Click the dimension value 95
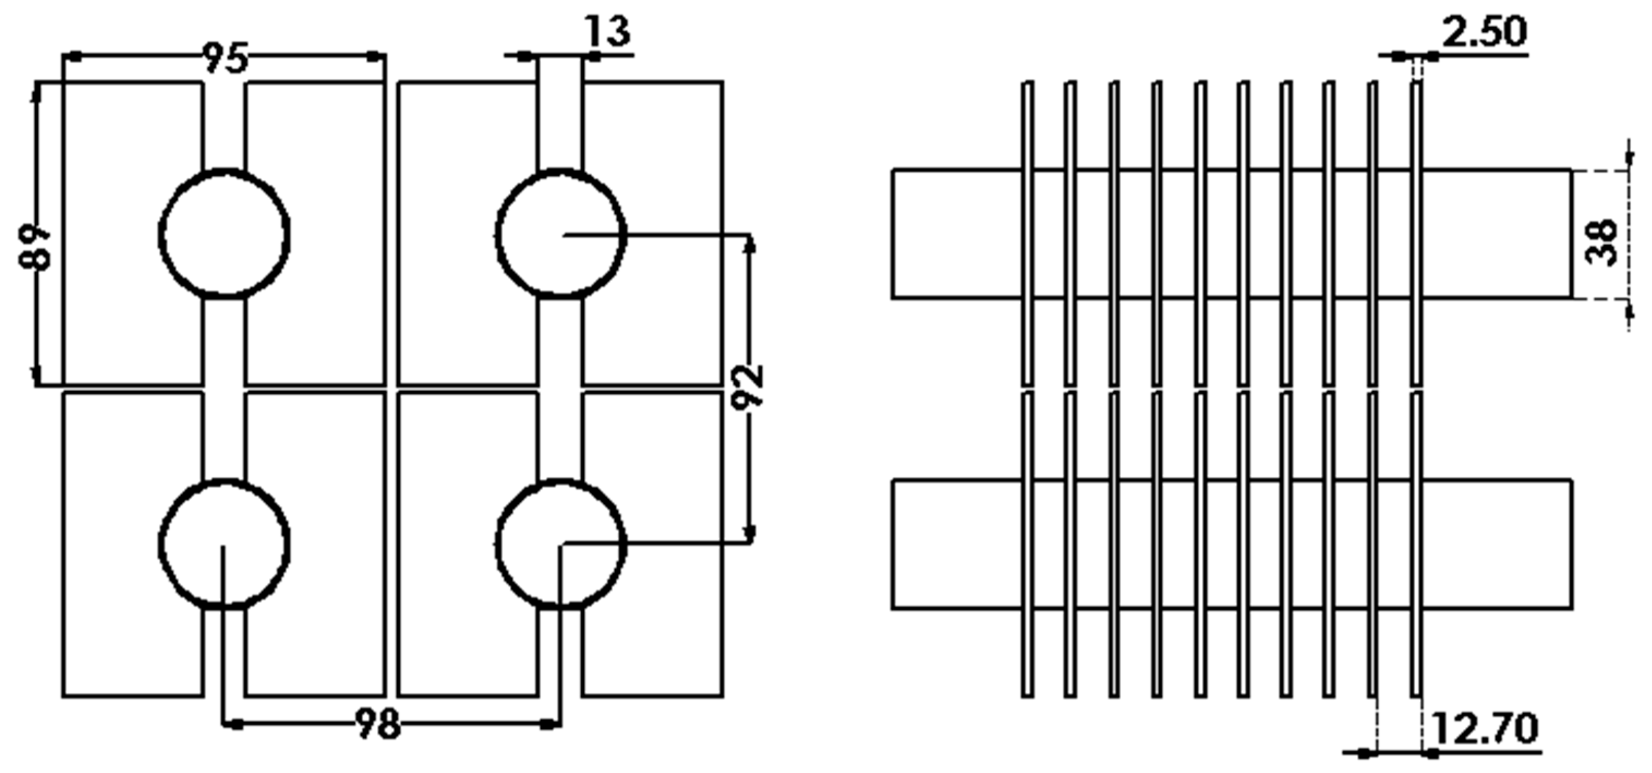[225, 58]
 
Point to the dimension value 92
[748, 385]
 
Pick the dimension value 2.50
[1484, 32]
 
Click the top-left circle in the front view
[224, 234]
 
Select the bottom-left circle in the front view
[224, 543]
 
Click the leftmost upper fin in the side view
[1027, 234]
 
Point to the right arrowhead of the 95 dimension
[373, 57]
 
